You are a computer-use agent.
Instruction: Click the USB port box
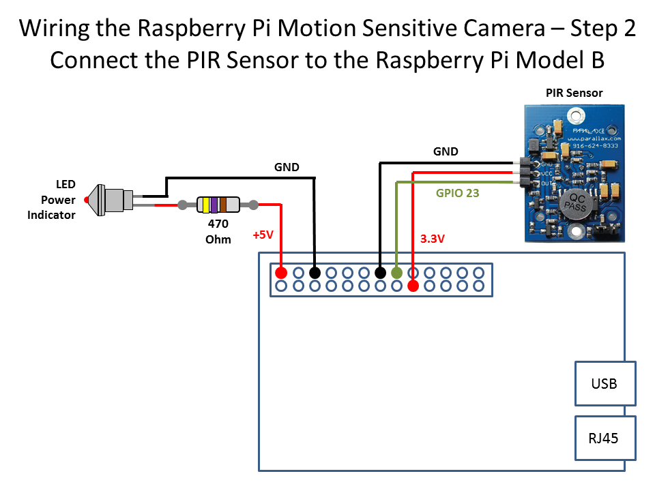(x=605, y=383)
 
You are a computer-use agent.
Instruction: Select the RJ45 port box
(x=605, y=438)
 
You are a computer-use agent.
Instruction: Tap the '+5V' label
(x=263, y=235)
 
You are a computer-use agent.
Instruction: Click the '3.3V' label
(x=433, y=239)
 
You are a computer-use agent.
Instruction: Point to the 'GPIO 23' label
(x=457, y=193)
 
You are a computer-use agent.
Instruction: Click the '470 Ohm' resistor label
(x=218, y=231)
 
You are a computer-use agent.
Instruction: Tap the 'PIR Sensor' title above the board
(x=574, y=93)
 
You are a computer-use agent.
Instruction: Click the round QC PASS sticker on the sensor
(x=574, y=204)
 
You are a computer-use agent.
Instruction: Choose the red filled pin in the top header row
(x=280, y=273)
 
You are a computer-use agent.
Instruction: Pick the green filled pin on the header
(x=396, y=273)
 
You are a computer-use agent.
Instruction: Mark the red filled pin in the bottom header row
(x=413, y=286)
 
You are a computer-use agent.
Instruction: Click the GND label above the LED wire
(x=287, y=166)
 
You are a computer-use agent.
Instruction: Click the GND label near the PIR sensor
(x=446, y=151)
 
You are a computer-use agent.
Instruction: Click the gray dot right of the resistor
(x=253, y=204)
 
